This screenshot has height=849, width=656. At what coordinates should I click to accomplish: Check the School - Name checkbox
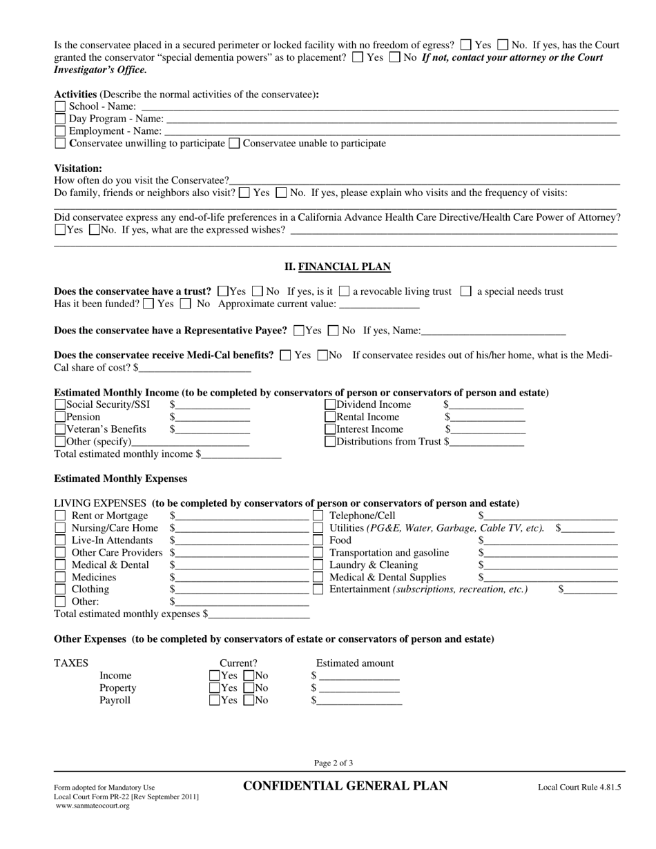point(60,107)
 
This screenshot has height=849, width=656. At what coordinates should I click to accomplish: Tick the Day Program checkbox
point(60,119)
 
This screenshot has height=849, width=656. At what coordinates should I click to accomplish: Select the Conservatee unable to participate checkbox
point(234,144)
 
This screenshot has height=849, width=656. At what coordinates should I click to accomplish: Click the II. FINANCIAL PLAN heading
point(338,267)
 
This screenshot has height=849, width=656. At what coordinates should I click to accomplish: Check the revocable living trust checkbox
point(345,292)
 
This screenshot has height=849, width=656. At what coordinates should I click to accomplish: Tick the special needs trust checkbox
point(466,292)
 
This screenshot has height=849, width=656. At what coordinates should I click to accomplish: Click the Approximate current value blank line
point(380,304)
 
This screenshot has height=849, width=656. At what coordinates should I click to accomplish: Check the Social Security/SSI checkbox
point(60,405)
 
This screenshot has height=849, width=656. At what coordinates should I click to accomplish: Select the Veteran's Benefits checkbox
point(60,430)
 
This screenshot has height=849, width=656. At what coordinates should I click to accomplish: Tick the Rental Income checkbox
point(330,418)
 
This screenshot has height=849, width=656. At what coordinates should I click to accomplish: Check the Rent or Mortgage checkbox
point(60,516)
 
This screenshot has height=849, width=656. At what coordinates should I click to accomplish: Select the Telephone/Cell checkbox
point(318,516)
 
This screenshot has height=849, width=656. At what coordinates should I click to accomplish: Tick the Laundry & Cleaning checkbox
point(318,565)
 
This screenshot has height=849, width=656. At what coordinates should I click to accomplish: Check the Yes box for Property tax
point(215,688)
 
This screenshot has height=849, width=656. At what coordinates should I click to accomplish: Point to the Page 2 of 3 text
point(334,763)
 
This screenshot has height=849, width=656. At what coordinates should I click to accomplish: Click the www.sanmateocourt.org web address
point(93,806)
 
